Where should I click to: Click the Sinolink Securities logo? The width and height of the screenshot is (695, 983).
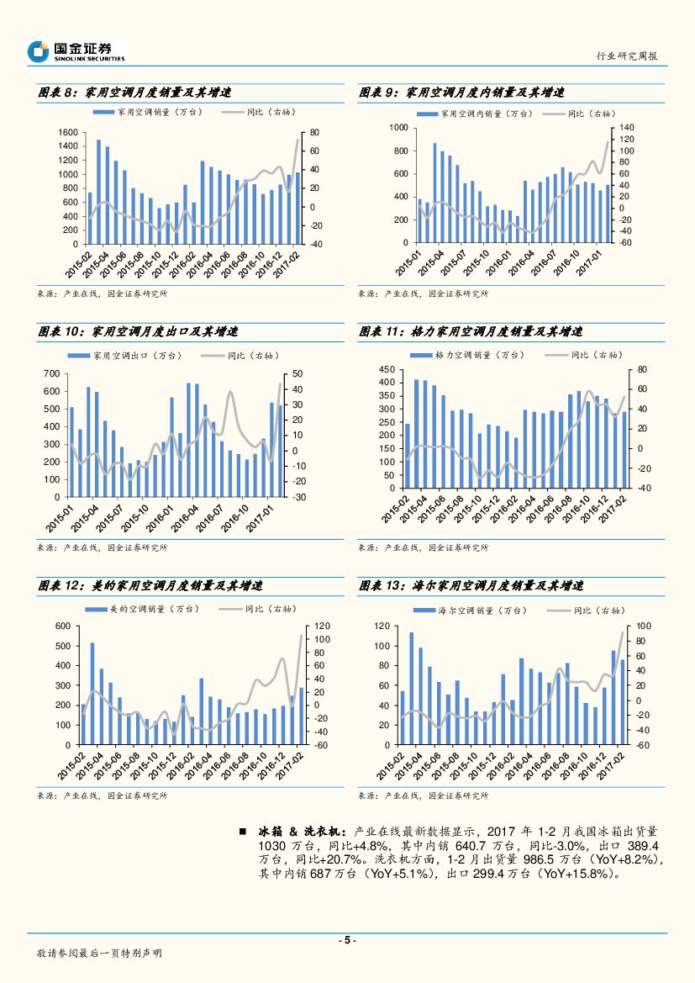(76, 51)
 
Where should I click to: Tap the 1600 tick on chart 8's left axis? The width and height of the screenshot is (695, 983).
(68, 133)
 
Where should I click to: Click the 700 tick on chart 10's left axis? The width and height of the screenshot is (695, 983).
(51, 373)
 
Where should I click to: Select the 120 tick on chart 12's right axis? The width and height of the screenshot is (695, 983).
(324, 626)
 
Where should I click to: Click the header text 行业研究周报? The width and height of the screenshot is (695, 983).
(626, 56)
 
